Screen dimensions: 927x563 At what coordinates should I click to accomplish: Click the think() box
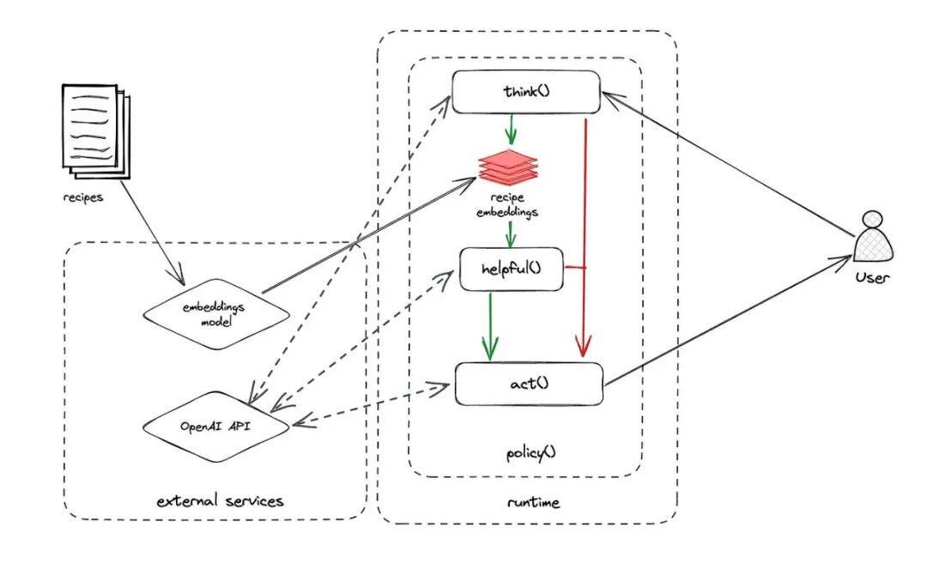[x=526, y=92]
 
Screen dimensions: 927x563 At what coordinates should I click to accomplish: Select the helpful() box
[x=512, y=269]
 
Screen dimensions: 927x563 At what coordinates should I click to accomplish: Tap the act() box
[x=529, y=384]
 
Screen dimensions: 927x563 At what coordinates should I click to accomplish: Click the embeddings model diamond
[x=216, y=314]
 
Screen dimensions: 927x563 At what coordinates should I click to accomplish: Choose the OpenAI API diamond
[x=216, y=427]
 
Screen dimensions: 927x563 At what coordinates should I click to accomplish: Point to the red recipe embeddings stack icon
[x=508, y=166]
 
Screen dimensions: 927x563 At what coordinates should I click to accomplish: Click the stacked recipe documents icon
[x=96, y=131]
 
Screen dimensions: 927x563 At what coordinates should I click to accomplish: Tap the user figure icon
[x=873, y=237]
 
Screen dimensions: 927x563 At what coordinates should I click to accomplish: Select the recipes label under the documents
[x=82, y=197]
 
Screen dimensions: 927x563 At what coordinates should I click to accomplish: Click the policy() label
[x=531, y=454]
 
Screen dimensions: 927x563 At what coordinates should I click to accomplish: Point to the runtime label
[x=533, y=503]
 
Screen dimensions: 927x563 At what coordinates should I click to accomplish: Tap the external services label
[x=220, y=501]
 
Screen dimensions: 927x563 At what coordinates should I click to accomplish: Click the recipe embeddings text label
[x=508, y=204]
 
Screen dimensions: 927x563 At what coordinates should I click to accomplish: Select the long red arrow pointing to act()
[x=585, y=238]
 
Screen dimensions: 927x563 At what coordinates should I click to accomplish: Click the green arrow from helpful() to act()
[x=490, y=326]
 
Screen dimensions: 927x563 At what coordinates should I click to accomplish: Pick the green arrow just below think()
[x=510, y=129]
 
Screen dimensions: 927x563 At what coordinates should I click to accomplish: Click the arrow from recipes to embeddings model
[x=153, y=232]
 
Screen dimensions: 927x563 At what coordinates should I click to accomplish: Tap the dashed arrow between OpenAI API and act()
[x=372, y=406]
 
